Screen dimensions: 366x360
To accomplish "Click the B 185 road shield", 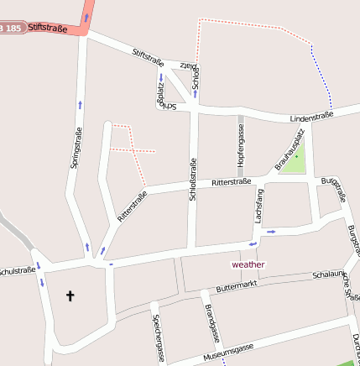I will click(x=11, y=29).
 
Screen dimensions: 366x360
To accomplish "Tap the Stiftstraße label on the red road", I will click(x=46, y=28).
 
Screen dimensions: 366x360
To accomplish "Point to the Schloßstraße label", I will click(x=193, y=179).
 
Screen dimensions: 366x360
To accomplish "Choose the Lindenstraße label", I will click(x=312, y=116).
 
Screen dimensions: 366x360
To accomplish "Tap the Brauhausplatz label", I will click(x=287, y=154).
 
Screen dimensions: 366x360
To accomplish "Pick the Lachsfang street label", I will click(x=259, y=205).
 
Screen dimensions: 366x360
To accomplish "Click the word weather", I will click(x=248, y=264).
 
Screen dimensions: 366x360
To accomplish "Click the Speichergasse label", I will click(x=156, y=334).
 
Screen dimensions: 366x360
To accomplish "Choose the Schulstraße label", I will click(x=17, y=271).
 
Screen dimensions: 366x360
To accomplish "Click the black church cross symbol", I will click(x=70, y=295).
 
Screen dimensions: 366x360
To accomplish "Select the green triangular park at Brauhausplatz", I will click(x=295, y=160).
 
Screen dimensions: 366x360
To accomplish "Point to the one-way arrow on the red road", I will click(x=86, y=16).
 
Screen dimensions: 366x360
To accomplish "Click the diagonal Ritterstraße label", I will click(x=133, y=206).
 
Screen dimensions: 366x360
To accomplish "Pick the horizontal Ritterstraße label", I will click(x=232, y=181).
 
